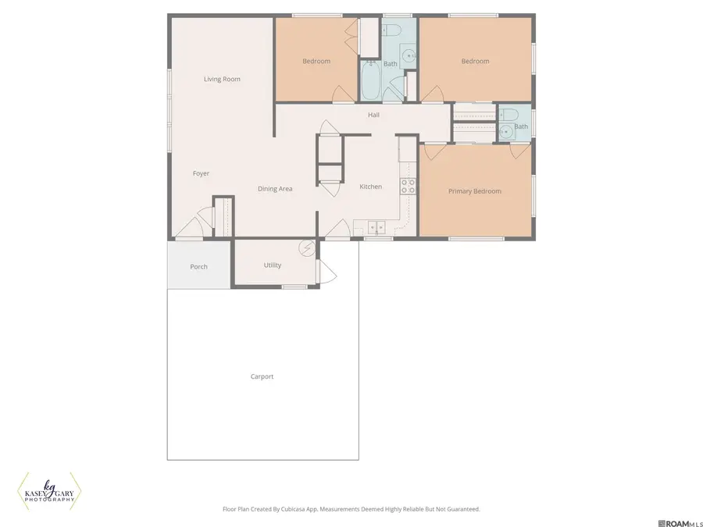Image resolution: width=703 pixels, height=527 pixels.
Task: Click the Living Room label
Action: click(222, 79)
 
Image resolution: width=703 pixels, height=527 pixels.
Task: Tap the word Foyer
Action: click(201, 173)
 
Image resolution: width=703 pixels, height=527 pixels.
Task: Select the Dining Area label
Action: click(275, 189)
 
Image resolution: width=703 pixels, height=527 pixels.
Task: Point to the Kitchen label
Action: click(370, 187)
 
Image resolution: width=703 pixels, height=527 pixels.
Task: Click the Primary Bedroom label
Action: click(474, 191)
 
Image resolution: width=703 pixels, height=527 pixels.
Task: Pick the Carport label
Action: click(262, 376)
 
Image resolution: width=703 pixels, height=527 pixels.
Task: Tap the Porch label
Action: click(198, 267)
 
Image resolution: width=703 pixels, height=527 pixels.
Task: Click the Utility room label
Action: click(272, 265)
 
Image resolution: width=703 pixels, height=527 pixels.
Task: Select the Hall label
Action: click(373, 115)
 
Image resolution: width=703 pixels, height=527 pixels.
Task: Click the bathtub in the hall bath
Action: click(370, 84)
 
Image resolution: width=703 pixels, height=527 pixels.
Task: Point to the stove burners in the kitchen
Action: click(408, 186)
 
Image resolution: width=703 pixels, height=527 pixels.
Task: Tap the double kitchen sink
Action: click(376, 228)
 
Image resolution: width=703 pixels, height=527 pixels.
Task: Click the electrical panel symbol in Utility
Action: click(307, 248)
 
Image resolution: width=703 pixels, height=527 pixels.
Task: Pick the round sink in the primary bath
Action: click(506, 132)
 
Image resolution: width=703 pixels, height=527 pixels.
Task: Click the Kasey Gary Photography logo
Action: click(49, 492)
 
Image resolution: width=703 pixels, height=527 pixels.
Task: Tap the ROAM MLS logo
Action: click(680, 521)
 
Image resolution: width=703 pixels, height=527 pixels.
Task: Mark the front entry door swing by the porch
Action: click(190, 227)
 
